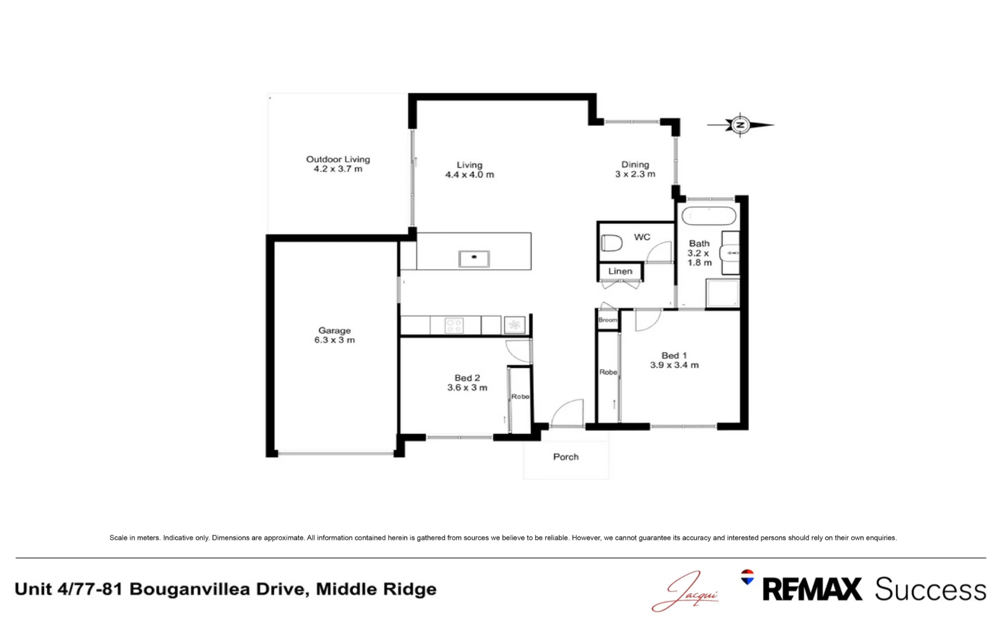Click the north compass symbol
tap(740, 125)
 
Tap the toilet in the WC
tap(611, 243)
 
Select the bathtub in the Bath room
tap(709, 216)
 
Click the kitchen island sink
tap(474, 258)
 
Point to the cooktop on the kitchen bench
tap(454, 325)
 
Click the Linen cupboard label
tap(620, 271)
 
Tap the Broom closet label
tap(608, 320)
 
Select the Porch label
tap(566, 457)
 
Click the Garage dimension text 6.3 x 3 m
tap(334, 340)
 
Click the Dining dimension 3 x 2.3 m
tap(635, 174)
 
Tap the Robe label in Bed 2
tap(520, 396)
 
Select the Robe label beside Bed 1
tap(608, 372)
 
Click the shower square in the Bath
tap(722, 293)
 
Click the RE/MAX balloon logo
tap(747, 577)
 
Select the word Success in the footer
tap(930, 589)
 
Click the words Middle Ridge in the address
tap(376, 589)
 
